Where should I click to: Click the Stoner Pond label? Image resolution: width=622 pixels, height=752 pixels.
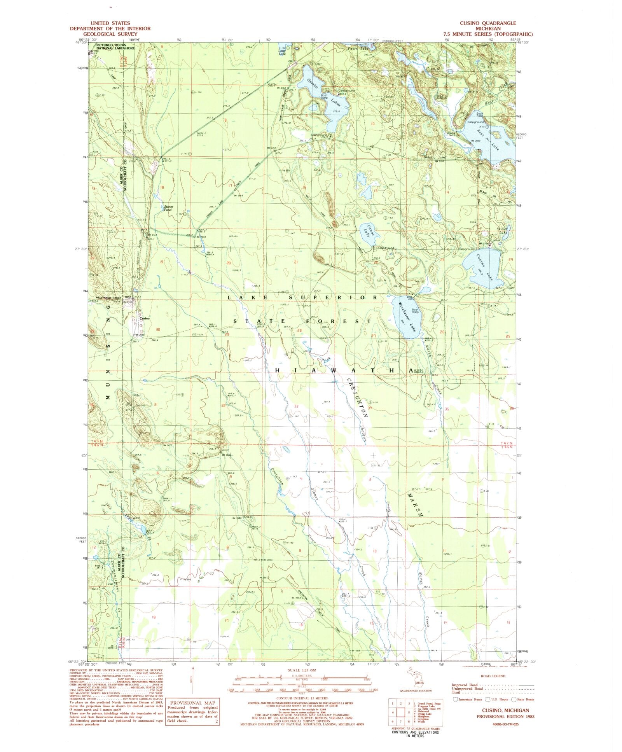(x=168, y=208)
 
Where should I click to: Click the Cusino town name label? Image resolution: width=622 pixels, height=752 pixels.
(x=145, y=318)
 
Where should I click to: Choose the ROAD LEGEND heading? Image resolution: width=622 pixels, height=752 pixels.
(x=493, y=676)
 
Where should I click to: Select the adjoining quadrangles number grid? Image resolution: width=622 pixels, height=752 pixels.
(x=400, y=712)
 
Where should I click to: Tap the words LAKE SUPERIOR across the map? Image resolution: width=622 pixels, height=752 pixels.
(x=302, y=297)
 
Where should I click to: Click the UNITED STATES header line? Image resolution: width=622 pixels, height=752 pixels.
(x=110, y=23)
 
